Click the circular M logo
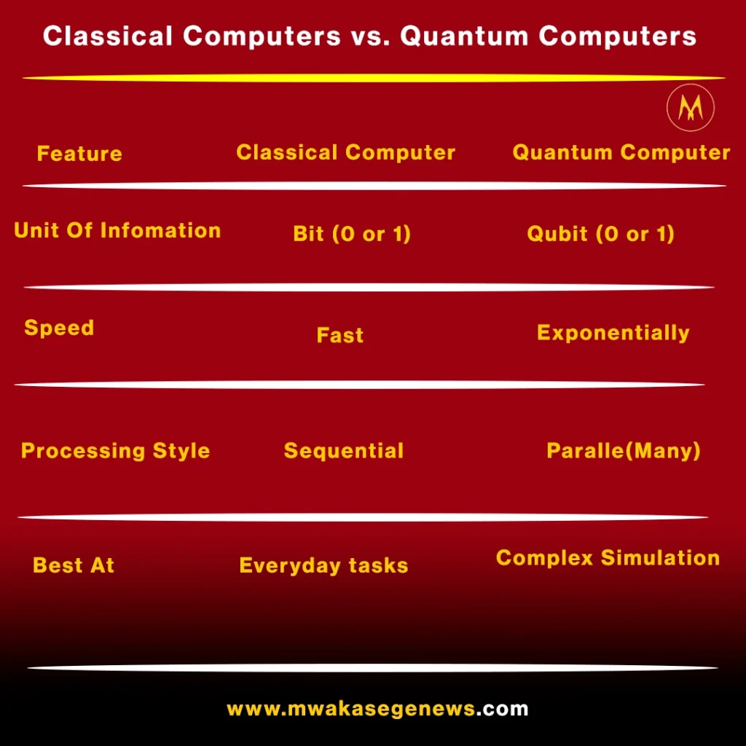[691, 108]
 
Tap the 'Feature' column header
[80, 154]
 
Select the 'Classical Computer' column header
[346, 152]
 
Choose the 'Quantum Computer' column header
[621, 152]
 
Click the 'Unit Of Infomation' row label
[117, 230]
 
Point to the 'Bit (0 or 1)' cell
[352, 234]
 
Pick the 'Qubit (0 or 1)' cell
[601, 234]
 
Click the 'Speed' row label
[60, 328]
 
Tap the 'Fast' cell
[340, 335]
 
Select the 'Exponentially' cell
[613, 332]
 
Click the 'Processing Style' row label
[116, 450]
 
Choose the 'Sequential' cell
[344, 450]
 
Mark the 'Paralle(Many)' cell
[624, 450]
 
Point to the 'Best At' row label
[74, 565]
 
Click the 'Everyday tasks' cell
[324, 565]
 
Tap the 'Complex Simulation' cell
[608, 557]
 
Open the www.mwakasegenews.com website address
[378, 709]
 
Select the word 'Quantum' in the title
[464, 36]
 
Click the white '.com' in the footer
[503, 709]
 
